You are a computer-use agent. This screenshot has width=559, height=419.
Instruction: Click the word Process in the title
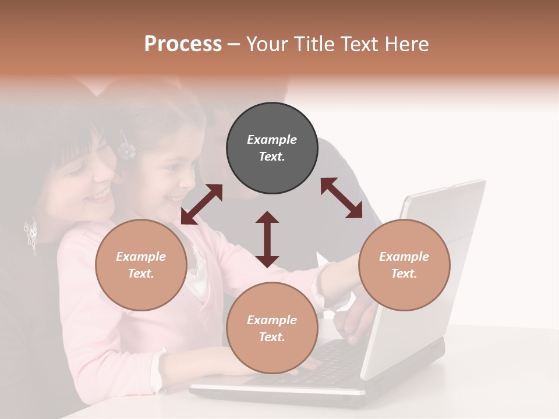183,44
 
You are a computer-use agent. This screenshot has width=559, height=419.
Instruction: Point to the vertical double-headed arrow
267,239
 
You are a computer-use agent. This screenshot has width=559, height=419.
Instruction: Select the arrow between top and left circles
201,204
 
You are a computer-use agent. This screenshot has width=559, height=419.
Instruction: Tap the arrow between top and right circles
341,198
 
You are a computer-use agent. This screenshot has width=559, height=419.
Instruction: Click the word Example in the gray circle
272,140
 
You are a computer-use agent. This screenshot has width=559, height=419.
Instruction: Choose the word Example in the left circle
141,257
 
